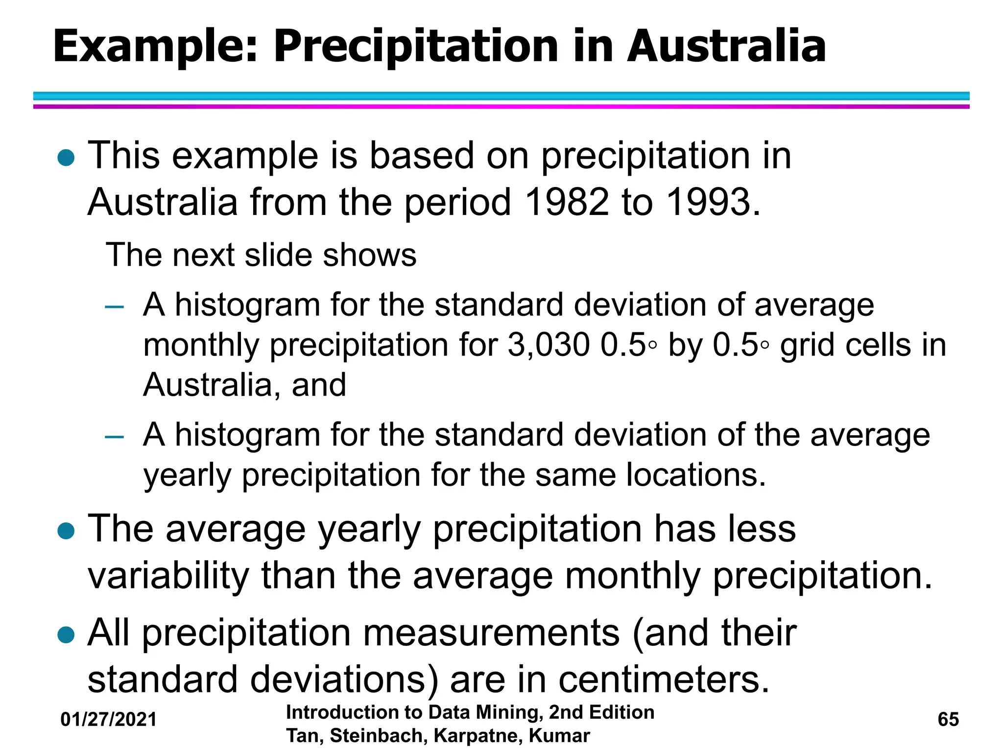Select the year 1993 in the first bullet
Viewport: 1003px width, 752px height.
tap(709, 202)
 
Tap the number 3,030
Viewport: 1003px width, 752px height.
tap(548, 345)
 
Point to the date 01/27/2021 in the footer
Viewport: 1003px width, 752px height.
tap(109, 720)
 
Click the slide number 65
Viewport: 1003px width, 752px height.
tap(948, 720)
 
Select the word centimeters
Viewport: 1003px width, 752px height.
tap(664, 680)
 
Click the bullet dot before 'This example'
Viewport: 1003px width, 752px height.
tap(66, 158)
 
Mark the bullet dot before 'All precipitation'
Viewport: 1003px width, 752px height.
tap(66, 635)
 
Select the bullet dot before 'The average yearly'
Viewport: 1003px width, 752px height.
tap(66, 531)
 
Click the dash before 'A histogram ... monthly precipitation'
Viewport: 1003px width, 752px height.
tap(115, 307)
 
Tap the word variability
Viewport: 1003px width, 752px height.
tap(168, 576)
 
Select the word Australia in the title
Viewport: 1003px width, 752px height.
tap(726, 47)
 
